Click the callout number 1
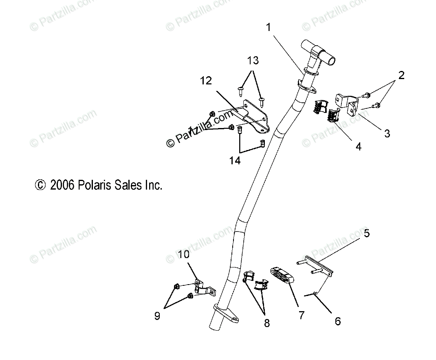pos(268,27)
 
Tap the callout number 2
pos(401,75)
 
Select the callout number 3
pos(387,133)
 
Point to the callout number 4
pos(358,146)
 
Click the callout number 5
pos(367,234)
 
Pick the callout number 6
pos(337,321)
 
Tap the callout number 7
pos(302,315)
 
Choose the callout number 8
pos(266,323)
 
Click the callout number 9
pos(157,316)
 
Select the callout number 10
pos(184,255)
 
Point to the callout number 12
pos(206,81)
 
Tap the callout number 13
pos(253,61)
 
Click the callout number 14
pos(235,160)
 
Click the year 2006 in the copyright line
pos(62,186)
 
